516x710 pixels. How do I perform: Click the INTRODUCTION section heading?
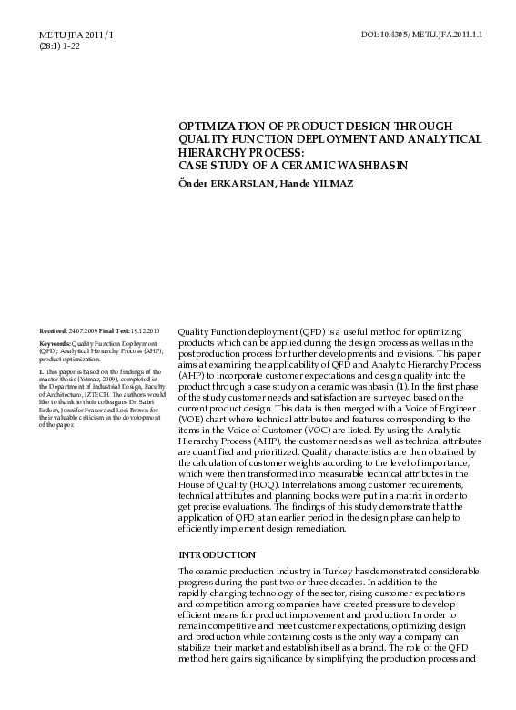click(218, 553)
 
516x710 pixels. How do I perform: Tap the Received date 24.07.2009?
click(80, 330)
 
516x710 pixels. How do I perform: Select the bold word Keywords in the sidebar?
click(55, 343)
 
